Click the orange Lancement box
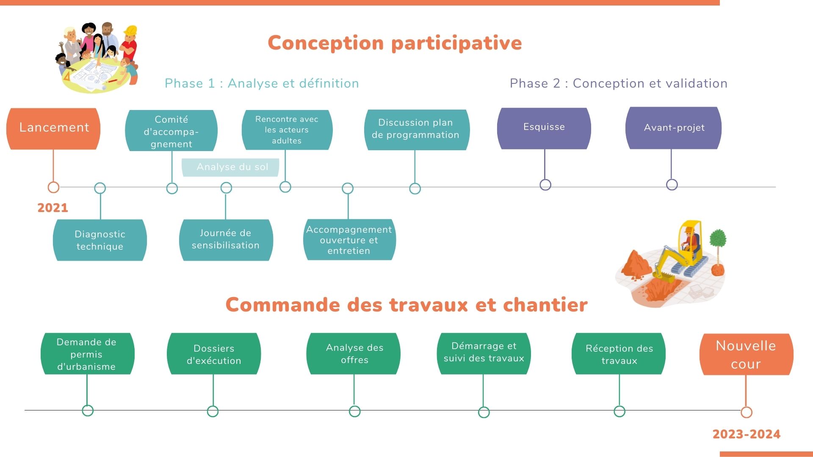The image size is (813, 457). click(53, 128)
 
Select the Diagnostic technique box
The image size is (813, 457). click(100, 240)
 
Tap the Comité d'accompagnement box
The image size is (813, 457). click(171, 131)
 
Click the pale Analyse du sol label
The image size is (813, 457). click(231, 167)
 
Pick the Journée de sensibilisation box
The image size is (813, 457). click(226, 240)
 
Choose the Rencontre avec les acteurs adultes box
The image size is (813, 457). click(287, 130)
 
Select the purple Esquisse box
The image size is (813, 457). click(544, 128)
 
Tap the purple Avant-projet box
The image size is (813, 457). click(673, 128)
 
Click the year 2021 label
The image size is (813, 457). click(53, 208)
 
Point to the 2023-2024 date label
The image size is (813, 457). click(746, 434)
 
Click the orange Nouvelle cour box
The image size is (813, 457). click(746, 355)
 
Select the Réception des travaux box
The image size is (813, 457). click(619, 354)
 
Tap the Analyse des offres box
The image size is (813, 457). click(354, 354)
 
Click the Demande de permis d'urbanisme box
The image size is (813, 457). click(87, 354)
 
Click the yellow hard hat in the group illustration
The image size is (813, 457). click(130, 31)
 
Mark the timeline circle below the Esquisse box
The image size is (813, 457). click(545, 184)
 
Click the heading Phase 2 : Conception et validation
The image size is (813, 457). click(618, 83)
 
